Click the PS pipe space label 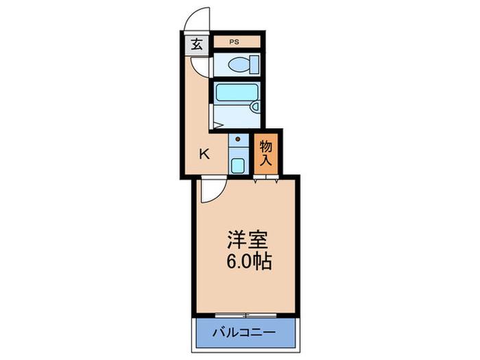click(235, 43)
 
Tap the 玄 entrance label click(197, 45)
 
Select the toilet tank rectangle click(254, 64)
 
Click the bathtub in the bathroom click(237, 92)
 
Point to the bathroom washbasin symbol click(254, 106)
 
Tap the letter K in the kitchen click(204, 154)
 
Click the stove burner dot click(238, 139)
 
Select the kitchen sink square click(238, 166)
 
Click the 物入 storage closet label click(266, 153)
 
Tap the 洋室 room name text click(248, 239)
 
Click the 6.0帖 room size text click(249, 262)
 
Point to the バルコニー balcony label click(244, 332)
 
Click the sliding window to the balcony click(245, 315)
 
